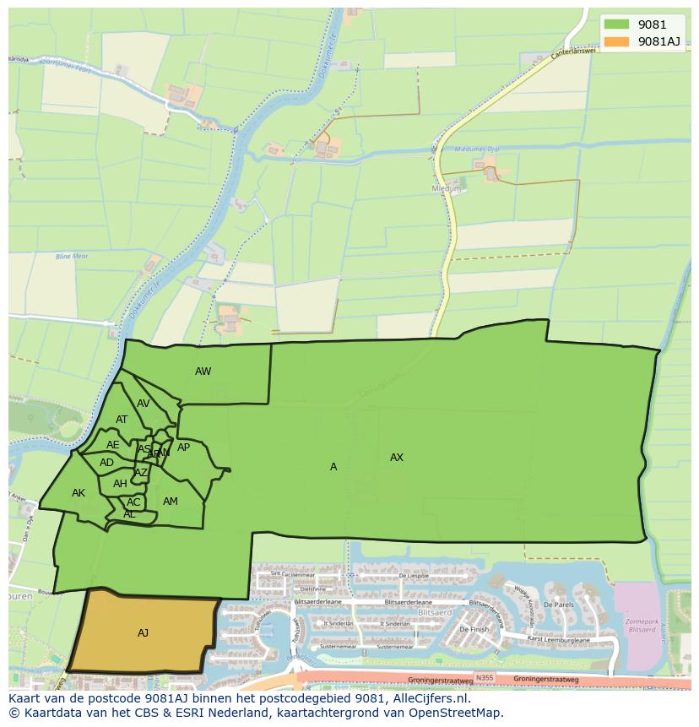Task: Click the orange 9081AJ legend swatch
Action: (x=616, y=41)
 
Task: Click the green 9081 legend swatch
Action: (x=616, y=24)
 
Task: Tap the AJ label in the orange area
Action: (x=143, y=632)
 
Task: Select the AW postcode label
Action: (x=203, y=372)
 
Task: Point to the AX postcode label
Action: (x=396, y=458)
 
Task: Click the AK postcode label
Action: (x=79, y=493)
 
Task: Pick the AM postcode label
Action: (x=170, y=502)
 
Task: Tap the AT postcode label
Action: (x=122, y=420)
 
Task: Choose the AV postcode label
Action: (x=143, y=404)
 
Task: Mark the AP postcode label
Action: (x=183, y=448)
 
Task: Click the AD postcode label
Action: (x=106, y=463)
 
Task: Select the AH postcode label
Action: (x=120, y=484)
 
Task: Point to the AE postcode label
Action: (x=112, y=445)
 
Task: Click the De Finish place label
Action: (x=474, y=629)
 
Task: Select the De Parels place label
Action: (x=559, y=605)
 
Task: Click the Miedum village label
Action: (x=447, y=189)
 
